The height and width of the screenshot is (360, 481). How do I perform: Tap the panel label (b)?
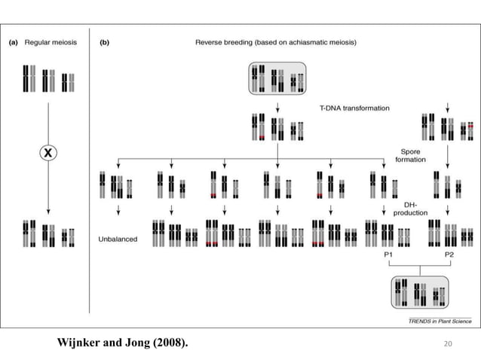click(x=105, y=43)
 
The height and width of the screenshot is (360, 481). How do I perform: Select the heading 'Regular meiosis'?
click(x=49, y=43)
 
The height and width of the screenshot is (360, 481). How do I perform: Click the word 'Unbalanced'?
click(x=117, y=239)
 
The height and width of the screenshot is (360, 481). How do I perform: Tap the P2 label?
click(x=449, y=255)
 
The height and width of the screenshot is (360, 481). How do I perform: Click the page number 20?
click(x=449, y=343)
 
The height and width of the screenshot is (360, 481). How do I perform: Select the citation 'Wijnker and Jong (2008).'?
click(x=123, y=343)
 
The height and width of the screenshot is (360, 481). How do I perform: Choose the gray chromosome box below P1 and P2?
click(x=419, y=291)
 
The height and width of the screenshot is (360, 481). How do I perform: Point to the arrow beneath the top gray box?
click(x=277, y=106)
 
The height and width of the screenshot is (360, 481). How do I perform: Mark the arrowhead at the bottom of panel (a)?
click(x=48, y=212)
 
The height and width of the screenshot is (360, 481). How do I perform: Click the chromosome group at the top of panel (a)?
click(x=48, y=78)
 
